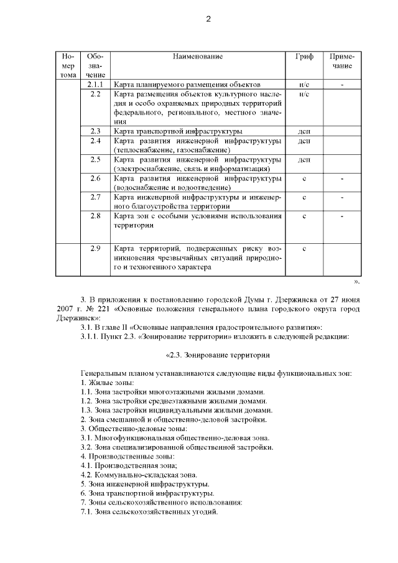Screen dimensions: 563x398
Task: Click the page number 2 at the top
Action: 208,19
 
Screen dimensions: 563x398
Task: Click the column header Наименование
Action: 197,57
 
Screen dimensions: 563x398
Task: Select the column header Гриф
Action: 305,57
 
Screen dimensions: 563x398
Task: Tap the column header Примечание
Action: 341,61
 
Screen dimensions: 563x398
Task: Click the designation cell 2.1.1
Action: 95,83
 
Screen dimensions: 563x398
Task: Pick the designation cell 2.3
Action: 95,131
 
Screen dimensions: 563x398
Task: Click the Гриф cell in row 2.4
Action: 305,141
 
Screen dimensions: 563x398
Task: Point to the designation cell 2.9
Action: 95,249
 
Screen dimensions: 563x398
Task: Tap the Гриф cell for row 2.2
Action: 305,93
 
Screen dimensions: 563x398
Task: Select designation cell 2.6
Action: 95,179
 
